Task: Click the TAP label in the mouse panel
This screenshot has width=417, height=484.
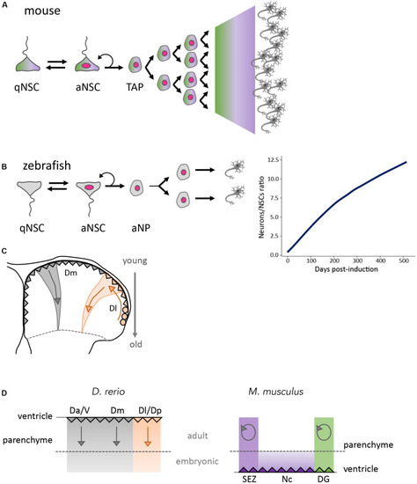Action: click(x=135, y=87)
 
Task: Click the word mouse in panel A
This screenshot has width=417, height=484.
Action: click(x=42, y=11)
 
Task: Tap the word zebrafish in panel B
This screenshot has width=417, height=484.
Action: click(x=47, y=165)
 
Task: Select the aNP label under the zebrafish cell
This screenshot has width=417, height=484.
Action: click(x=141, y=228)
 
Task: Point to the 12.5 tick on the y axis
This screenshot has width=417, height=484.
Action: click(x=274, y=159)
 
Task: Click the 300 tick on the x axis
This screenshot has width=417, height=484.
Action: click(x=357, y=260)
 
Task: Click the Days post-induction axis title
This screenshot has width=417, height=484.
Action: click(x=346, y=269)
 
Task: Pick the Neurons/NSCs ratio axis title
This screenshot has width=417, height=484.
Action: click(x=262, y=207)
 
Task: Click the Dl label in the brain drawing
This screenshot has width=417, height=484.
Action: click(x=113, y=307)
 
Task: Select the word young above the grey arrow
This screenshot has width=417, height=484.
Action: click(x=135, y=261)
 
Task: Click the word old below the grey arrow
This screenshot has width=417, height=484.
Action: click(x=135, y=344)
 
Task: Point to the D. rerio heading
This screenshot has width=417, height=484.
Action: click(x=108, y=392)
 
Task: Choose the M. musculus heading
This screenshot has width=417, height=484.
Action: click(x=275, y=392)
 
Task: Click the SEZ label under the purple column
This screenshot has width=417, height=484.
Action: click(x=249, y=479)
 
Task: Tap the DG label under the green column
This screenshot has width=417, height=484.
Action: click(x=324, y=479)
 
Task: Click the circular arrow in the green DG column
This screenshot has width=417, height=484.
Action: click(x=324, y=432)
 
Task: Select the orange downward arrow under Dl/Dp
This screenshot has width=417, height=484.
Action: click(x=148, y=436)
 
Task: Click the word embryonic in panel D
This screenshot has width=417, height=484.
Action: click(x=197, y=461)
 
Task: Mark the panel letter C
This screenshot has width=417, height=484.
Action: click(x=4, y=251)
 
